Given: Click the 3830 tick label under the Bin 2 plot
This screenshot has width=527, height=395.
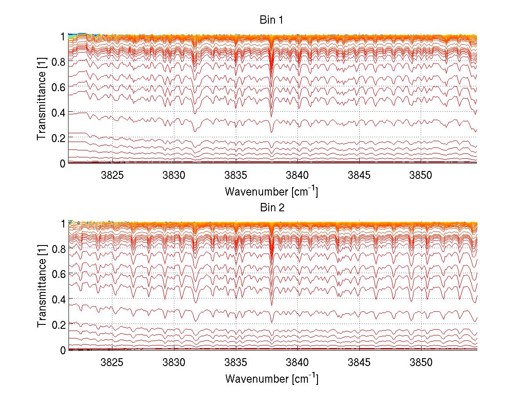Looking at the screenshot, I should pos(174,363).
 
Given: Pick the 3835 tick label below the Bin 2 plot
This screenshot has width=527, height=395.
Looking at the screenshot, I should pos(236,363).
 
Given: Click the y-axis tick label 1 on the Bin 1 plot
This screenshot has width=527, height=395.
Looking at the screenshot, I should pos(63,36).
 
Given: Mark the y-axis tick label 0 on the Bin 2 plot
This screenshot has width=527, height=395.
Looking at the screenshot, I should pos(63,350).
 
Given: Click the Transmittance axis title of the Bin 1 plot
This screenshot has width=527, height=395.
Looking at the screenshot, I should pos(41,99).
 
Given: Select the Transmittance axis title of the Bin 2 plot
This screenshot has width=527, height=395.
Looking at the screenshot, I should pos(41,286).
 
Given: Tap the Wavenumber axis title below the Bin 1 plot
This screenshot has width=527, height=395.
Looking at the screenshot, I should pos(271,192).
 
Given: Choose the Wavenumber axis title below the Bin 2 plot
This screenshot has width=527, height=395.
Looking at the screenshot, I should pos(271,378).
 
